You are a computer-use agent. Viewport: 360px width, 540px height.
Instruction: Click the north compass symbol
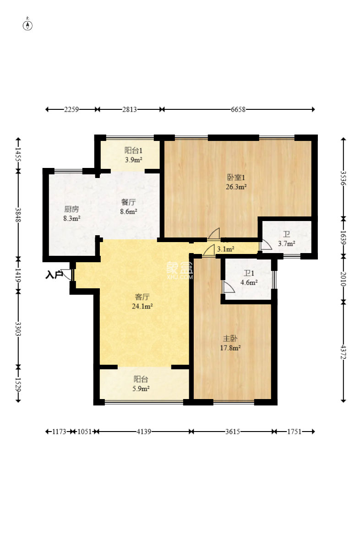(x=27, y=25)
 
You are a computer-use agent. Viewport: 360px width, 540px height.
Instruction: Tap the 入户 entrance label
(x=54, y=275)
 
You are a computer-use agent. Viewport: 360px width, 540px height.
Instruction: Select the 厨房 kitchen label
(x=72, y=209)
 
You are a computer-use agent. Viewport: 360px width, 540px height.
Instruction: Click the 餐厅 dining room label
(x=128, y=202)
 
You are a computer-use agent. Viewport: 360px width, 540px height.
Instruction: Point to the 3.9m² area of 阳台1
(x=134, y=160)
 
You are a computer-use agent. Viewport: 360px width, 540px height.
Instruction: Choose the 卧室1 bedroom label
(x=236, y=178)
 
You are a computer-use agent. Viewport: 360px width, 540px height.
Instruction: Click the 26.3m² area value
(x=236, y=187)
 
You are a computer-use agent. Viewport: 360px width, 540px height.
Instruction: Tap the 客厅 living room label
(x=142, y=297)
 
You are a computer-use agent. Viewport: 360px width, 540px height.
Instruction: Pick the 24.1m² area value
(x=142, y=306)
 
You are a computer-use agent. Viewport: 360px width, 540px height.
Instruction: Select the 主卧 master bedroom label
(x=230, y=339)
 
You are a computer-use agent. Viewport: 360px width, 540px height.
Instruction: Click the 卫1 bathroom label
(x=249, y=274)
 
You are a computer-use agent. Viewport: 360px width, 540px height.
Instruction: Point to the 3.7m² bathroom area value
(x=287, y=244)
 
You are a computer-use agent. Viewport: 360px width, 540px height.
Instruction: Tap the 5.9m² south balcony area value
(x=141, y=389)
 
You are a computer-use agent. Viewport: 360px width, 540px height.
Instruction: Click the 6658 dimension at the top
(x=238, y=109)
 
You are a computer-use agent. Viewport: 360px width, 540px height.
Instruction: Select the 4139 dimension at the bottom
(x=144, y=432)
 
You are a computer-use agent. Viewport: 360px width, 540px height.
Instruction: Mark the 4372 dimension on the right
(x=343, y=352)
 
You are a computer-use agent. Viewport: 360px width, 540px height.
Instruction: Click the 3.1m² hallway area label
(x=226, y=249)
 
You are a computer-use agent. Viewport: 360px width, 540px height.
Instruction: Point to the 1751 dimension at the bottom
(x=295, y=432)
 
